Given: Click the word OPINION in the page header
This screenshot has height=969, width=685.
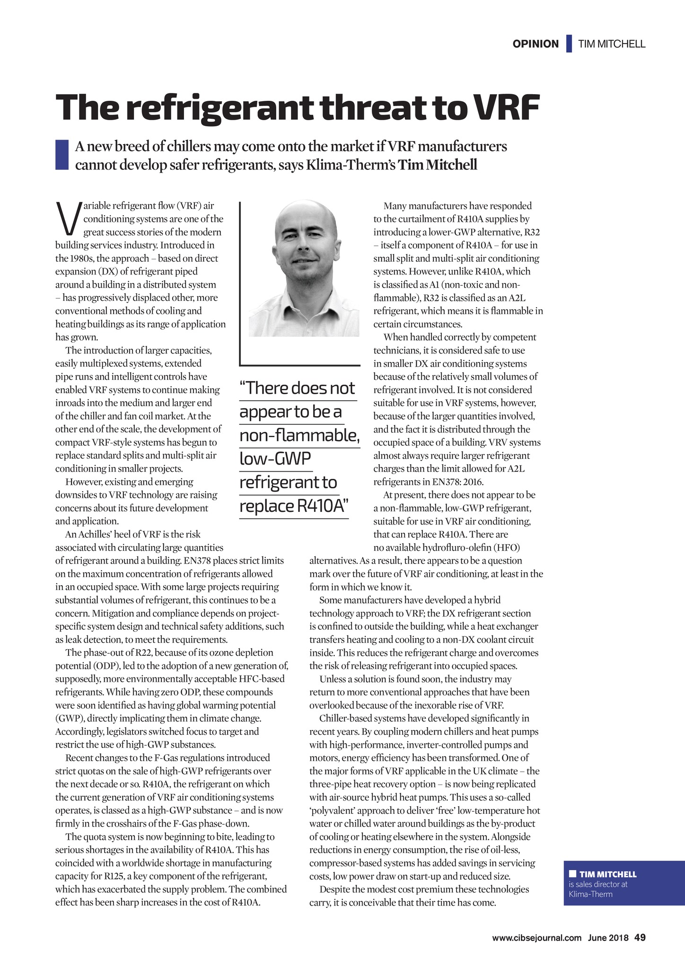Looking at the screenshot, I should pos(536,44).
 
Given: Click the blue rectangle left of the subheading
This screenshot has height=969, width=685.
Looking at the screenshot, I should pos(62,155).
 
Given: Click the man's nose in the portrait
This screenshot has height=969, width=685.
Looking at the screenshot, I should pos(306,243).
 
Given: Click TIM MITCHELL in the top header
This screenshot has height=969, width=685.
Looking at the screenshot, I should pos(612,44).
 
